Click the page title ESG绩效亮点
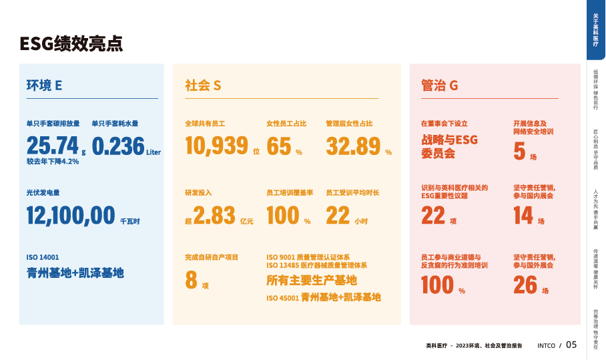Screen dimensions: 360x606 (x=71, y=44)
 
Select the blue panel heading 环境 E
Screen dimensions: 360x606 (x=44, y=85)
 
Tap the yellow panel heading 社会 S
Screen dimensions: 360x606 (x=203, y=85)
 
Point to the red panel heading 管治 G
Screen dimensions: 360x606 (x=439, y=85)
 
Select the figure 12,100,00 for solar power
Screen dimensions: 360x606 (x=71, y=215)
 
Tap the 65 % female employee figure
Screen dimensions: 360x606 (x=279, y=146)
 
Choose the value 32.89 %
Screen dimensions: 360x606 (x=353, y=146)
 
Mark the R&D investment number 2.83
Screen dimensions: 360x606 (x=214, y=215)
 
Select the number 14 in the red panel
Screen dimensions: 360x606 (x=523, y=215)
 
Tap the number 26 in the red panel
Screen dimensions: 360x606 (x=525, y=284)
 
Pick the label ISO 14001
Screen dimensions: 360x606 (x=43, y=257)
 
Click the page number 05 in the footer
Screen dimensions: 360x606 (x=571, y=345)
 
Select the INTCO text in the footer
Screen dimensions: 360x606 (x=546, y=346)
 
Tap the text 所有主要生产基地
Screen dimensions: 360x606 (x=311, y=280)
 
